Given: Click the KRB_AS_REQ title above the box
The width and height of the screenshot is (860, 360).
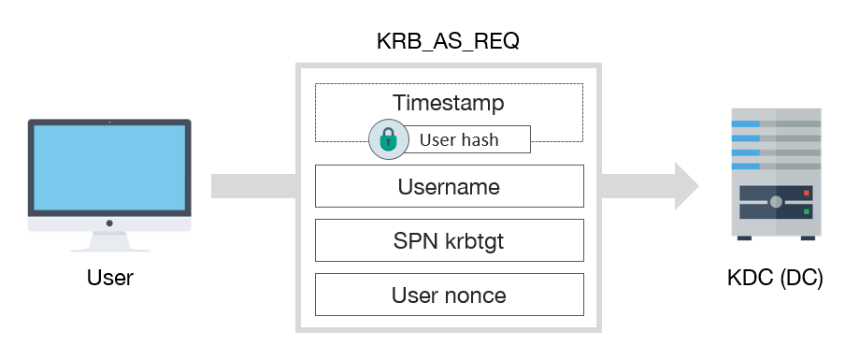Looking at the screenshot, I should tap(448, 43).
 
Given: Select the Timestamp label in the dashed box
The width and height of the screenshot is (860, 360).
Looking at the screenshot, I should tap(448, 102).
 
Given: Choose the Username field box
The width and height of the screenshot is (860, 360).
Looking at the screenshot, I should tap(449, 186).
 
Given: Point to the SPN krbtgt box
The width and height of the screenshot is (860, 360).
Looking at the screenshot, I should tap(449, 241).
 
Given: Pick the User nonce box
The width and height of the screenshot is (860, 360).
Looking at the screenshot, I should tap(449, 295).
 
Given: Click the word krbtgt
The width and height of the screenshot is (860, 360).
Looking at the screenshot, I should tap(479, 241).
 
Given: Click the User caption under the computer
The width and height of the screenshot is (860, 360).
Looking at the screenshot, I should tap(109, 278).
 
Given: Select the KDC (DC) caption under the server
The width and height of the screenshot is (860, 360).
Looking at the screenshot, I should tap(775, 278).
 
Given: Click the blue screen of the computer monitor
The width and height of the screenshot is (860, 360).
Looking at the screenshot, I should tap(109, 168).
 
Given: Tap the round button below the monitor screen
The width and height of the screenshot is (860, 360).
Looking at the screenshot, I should tap(109, 223).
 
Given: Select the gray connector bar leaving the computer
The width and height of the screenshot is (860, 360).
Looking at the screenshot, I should tap(253, 185).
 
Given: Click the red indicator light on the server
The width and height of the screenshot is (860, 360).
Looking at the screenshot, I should tap(806, 193).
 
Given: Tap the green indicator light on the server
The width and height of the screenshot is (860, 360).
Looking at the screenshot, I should tap(806, 211).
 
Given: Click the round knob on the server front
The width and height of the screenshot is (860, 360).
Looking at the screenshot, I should tap(776, 202).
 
